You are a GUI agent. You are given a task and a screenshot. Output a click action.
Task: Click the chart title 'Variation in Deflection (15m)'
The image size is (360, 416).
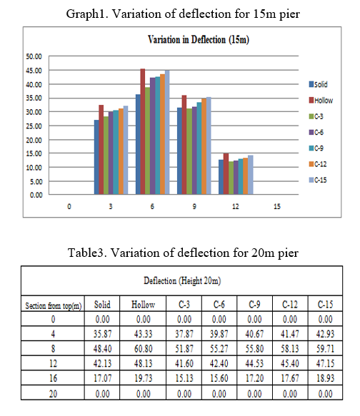(199, 40)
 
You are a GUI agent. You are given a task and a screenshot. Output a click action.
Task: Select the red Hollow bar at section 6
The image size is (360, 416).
(143, 131)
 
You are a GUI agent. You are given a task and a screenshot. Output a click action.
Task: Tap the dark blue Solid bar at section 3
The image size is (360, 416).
(96, 157)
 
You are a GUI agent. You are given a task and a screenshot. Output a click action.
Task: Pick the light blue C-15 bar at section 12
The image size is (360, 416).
(250, 175)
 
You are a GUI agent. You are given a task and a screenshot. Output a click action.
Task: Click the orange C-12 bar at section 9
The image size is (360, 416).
(204, 146)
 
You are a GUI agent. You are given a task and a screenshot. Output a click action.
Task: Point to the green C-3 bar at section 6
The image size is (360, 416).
(147, 141)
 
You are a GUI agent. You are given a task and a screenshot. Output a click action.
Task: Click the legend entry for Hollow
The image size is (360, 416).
(321, 101)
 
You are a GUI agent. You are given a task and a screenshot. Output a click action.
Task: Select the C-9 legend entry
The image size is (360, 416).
(316, 148)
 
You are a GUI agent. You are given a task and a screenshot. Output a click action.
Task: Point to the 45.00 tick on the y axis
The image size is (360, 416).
(34, 71)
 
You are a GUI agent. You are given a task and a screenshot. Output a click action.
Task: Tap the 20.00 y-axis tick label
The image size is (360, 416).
(34, 140)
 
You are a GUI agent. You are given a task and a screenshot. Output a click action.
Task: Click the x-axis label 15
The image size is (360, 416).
(277, 206)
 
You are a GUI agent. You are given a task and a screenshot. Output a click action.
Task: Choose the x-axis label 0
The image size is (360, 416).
(69, 206)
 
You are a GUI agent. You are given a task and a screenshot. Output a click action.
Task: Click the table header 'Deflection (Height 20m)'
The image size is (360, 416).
(182, 280)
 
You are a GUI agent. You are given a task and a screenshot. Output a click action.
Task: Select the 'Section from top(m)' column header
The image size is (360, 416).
(53, 305)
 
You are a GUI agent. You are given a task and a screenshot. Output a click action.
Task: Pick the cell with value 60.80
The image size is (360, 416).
(143, 348)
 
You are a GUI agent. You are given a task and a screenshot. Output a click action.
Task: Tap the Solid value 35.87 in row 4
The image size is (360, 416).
(102, 334)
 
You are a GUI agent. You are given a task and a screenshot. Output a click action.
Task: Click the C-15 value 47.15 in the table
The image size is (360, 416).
(325, 363)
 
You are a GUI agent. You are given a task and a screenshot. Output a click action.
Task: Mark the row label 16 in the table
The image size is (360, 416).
(53, 378)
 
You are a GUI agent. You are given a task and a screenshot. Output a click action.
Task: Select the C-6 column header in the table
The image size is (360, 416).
(219, 304)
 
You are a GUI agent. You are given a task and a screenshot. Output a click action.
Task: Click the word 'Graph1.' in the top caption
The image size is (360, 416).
(87, 14)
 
